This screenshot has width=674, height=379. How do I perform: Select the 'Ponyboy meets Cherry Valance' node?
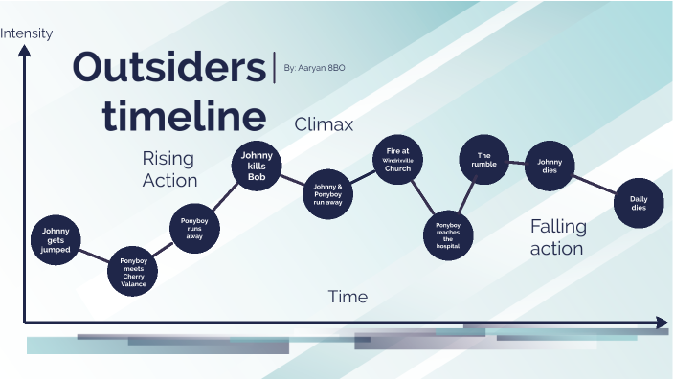[133, 272]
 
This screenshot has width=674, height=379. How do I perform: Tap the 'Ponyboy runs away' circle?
[194, 228]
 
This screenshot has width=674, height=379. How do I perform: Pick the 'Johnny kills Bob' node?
[257, 166]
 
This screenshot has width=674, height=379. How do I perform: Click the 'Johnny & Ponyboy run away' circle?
[327, 192]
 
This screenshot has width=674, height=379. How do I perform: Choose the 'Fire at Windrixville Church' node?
[397, 160]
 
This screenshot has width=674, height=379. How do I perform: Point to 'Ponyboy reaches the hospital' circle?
[448, 234]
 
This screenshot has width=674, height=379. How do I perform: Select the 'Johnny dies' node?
[550, 167]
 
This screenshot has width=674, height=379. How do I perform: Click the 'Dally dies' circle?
[638, 203]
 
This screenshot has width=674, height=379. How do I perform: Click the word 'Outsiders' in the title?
[169, 69]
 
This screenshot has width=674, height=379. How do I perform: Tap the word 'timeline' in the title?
[185, 116]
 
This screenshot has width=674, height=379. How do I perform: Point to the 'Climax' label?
[324, 124]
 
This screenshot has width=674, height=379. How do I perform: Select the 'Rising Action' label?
[169, 168]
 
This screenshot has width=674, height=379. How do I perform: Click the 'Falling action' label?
[557, 237]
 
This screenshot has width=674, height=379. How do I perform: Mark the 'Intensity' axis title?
[27, 33]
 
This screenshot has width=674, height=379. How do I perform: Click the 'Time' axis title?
[348, 297]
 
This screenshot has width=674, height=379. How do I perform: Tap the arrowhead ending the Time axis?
[662, 323]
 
